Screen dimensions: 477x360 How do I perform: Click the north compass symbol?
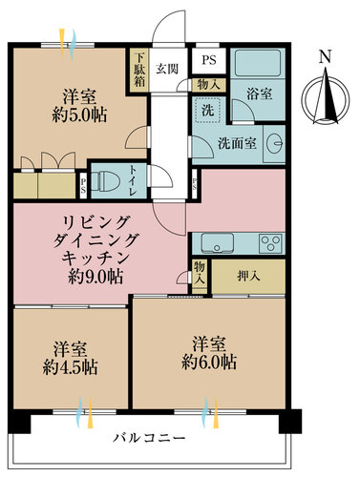tap(323, 96)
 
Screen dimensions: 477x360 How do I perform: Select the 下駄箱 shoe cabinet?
tap(138, 68)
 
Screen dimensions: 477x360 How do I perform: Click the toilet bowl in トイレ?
tap(108, 179)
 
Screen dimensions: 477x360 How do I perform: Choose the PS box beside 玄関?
tap(208, 57)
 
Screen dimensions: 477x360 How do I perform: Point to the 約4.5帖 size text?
tap(73, 366)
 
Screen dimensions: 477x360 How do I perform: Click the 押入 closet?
tap(248, 277)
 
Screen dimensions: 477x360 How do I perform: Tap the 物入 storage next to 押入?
tap(200, 276)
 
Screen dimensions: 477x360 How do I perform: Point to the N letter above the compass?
tap(324, 57)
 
